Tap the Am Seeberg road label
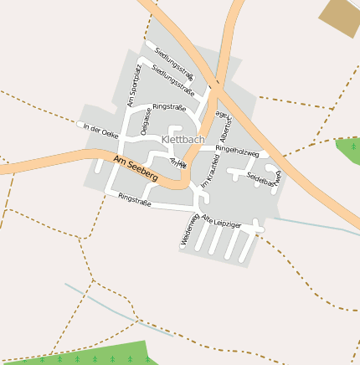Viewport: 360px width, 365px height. pyautogui.click(x=135, y=166)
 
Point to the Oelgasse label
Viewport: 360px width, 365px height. pyautogui.click(x=146, y=121)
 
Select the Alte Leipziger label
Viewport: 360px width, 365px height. pyautogui.click(x=221, y=222)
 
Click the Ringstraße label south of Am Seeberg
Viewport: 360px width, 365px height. pyautogui.click(x=135, y=200)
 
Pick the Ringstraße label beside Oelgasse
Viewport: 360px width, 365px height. pyautogui.click(x=168, y=107)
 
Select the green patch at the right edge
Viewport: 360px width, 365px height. pyautogui.click(x=350, y=149)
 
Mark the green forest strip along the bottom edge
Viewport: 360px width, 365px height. pyautogui.click(x=100, y=355)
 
